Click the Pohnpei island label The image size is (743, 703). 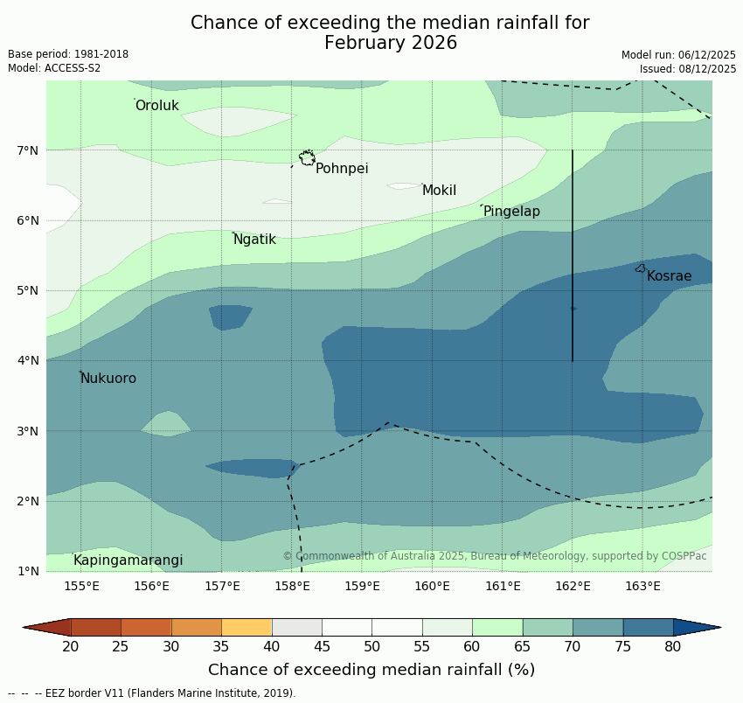[342, 169]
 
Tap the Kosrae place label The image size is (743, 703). [669, 276]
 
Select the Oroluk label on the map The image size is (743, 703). [156, 106]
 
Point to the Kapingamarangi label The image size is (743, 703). [128, 560]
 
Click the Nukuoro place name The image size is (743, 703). [108, 379]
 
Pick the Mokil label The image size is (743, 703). [439, 191]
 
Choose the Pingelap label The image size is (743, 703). [511, 212]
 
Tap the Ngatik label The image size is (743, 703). [254, 240]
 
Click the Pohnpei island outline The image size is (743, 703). [307, 157]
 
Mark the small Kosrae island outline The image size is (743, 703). [641, 268]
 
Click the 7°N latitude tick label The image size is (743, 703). [28, 150]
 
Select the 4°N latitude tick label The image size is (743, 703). [28, 360]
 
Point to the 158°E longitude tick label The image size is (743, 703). [292, 586]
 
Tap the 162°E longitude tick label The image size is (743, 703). [573, 586]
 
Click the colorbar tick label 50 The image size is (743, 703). [372, 646]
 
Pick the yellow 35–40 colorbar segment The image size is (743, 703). [247, 627]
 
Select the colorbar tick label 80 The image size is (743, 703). [673, 646]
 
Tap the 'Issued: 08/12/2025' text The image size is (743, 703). [688, 68]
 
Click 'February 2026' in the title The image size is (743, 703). [391, 43]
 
